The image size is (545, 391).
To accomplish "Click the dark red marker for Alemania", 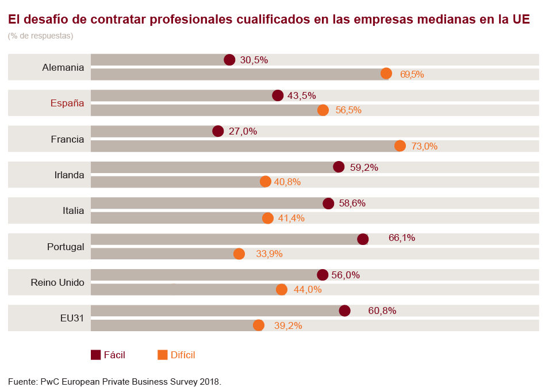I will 229,60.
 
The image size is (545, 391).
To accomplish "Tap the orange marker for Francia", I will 400,146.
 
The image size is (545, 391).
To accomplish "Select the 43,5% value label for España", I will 302,95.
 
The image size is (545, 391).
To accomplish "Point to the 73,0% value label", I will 424,146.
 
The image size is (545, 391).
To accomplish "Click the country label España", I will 67,103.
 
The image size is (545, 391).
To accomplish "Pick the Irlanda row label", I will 69,175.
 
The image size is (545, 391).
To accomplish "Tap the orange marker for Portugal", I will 239,254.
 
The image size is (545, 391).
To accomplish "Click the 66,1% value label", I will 402,237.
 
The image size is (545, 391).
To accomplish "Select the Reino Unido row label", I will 57,282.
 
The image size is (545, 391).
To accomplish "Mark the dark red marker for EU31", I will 344,311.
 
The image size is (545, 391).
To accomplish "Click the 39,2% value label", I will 288,325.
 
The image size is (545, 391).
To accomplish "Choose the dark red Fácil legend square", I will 96,355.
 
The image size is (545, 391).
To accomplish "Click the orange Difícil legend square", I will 163,355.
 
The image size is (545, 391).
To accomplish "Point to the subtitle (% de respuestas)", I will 40,36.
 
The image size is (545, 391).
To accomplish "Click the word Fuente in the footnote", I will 22,381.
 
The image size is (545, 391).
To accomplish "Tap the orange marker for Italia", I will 268,218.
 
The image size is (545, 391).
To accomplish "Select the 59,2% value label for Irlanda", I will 364,167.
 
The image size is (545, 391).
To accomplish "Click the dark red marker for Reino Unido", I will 323,275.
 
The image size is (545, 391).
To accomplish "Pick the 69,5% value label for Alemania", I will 412,74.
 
